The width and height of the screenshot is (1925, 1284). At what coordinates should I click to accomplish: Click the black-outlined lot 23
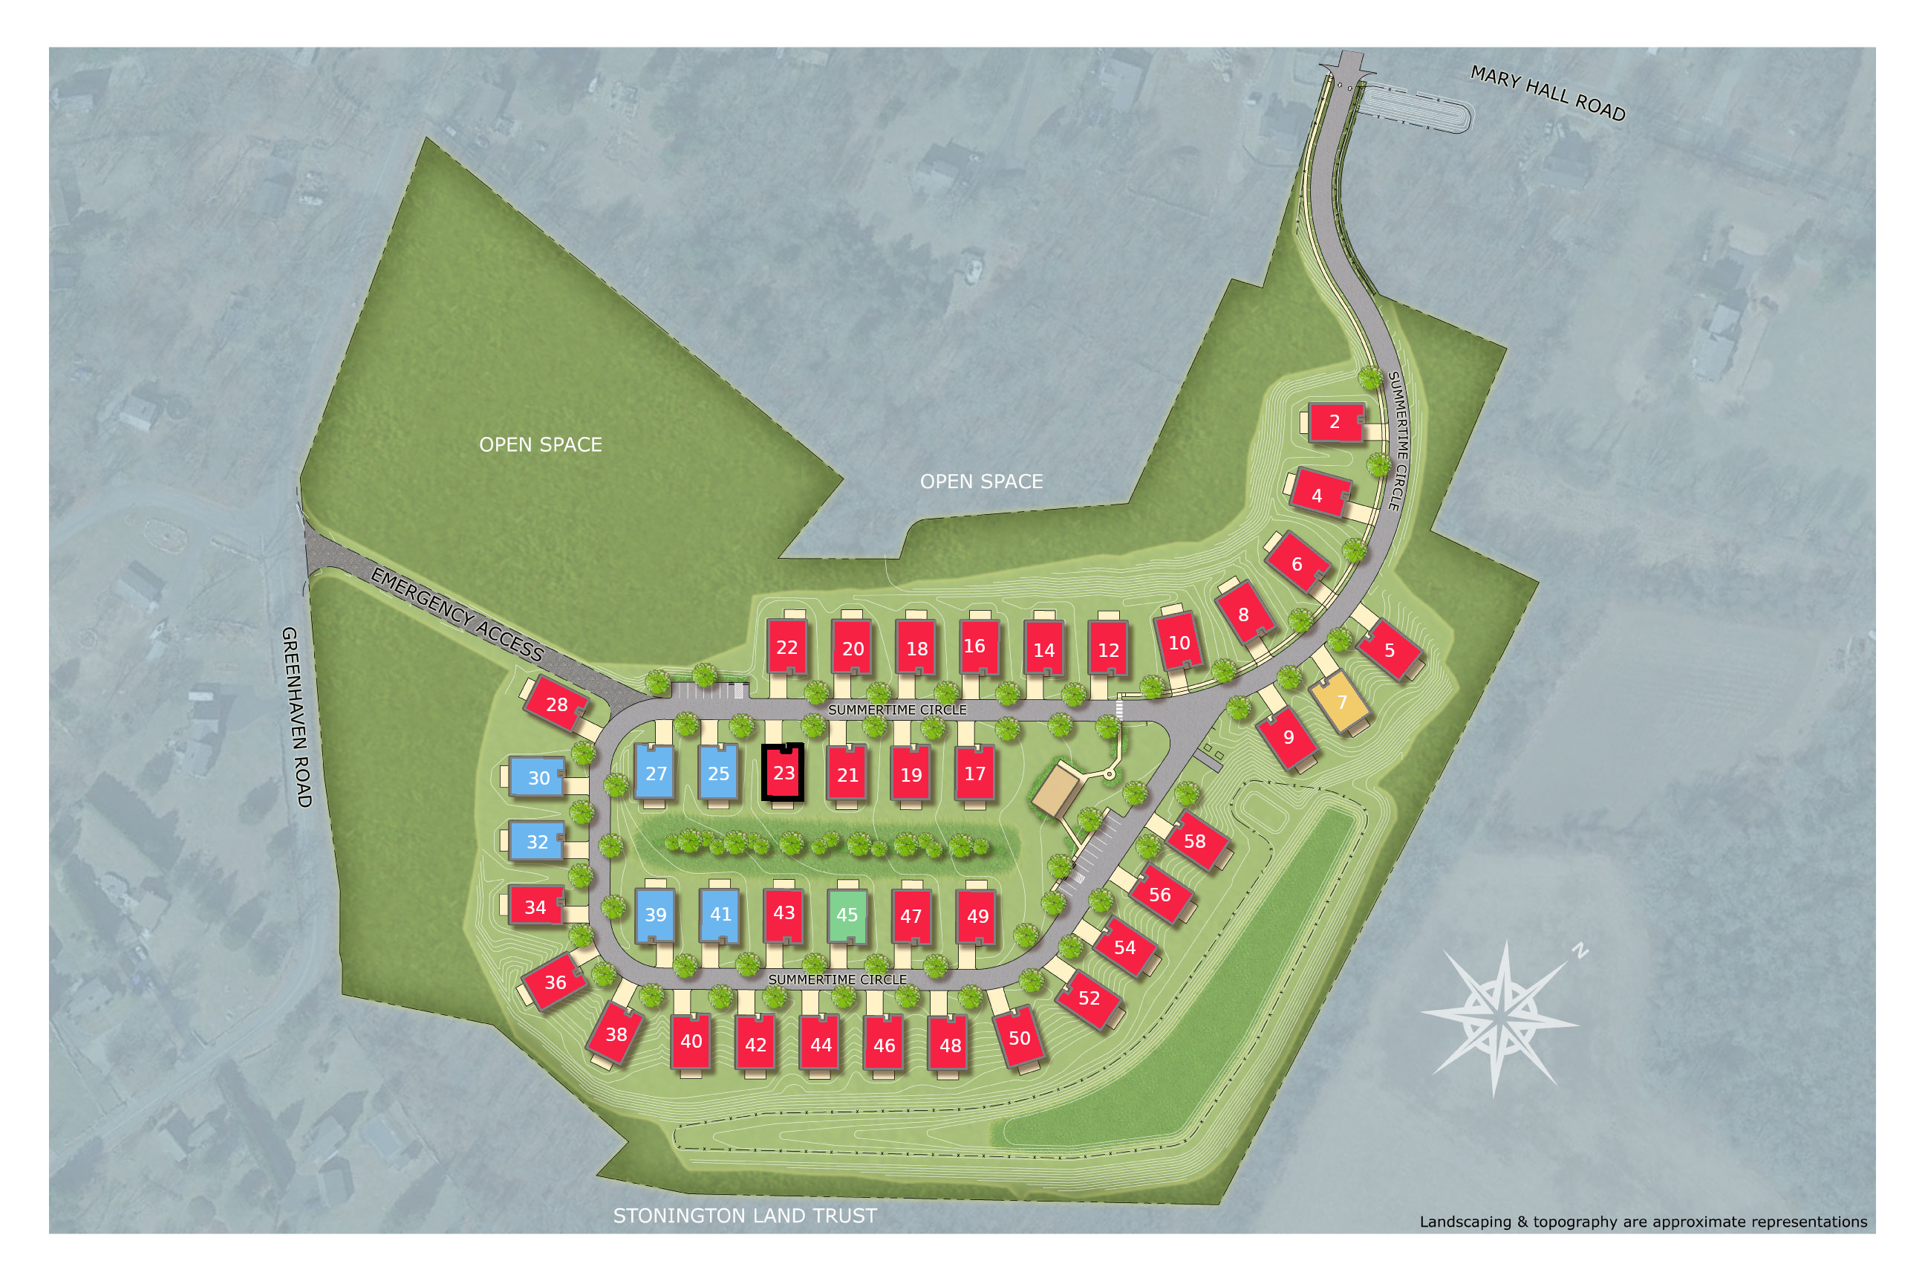[784, 772]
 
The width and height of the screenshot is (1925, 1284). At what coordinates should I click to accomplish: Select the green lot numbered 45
[847, 915]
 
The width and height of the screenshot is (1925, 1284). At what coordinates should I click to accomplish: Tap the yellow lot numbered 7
[1341, 701]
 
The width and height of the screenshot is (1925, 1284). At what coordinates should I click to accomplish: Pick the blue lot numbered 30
[538, 777]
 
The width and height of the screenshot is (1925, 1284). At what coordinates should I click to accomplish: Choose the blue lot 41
[720, 914]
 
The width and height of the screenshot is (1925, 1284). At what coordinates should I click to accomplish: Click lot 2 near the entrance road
[1334, 422]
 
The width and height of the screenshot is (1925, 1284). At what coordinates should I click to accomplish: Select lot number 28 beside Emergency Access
[556, 704]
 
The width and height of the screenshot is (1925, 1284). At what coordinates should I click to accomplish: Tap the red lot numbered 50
[1019, 1037]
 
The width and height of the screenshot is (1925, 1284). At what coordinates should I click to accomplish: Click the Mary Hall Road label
[1548, 93]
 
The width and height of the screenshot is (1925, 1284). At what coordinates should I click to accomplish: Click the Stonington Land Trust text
[745, 1215]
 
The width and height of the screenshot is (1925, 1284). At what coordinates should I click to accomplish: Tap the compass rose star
[1500, 1018]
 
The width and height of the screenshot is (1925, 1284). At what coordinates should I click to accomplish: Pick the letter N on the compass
[1580, 950]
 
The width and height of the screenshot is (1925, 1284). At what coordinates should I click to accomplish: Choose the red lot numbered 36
[555, 982]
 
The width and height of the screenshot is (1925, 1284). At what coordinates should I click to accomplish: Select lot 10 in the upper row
[1179, 643]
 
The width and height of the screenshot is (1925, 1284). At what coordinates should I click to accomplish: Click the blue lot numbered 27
[656, 773]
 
